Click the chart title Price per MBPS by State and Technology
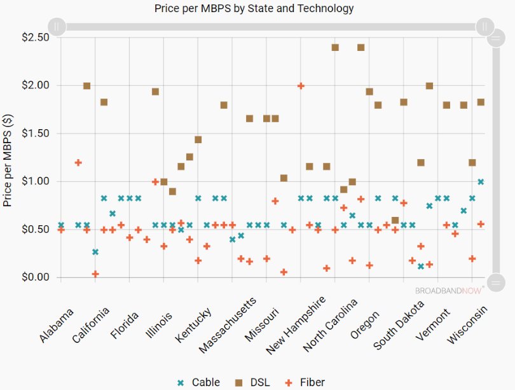(x=254, y=9)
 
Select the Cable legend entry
(x=198, y=382)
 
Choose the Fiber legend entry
(x=305, y=382)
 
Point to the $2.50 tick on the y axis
(x=35, y=38)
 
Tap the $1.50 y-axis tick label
(x=35, y=134)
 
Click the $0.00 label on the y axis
(x=35, y=277)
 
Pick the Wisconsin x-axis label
(x=468, y=326)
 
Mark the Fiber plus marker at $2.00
(x=301, y=86)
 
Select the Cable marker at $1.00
(x=481, y=182)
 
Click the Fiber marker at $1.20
(x=78, y=163)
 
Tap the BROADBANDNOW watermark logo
(x=450, y=290)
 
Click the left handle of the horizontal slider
(x=57, y=27)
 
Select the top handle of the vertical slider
(x=495, y=38)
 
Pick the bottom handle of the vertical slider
(x=495, y=282)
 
